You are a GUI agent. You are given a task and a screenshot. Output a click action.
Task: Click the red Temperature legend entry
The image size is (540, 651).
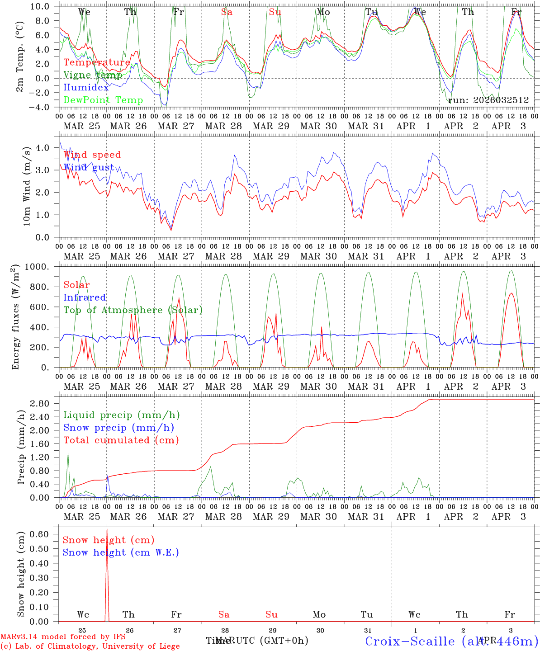coord(97,62)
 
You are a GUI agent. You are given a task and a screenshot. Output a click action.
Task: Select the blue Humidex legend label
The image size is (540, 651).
coord(86,88)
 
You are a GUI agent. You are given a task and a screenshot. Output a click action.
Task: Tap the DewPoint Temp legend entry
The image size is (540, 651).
coord(103,100)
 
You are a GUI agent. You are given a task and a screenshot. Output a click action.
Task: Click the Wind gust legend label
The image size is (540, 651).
coord(89,167)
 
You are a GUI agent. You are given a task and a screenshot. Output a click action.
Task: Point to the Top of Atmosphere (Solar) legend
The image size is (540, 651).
coord(133,310)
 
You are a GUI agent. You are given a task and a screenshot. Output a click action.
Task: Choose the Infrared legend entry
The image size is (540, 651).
coord(85,297)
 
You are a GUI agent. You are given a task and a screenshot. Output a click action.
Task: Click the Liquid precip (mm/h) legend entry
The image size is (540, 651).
coord(122,415)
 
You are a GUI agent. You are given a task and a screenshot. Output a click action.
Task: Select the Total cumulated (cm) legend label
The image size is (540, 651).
coord(121,440)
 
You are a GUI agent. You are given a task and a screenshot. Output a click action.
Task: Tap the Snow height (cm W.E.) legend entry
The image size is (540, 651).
coord(121,552)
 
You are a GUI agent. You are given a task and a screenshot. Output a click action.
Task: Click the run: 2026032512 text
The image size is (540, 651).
coord(488,100)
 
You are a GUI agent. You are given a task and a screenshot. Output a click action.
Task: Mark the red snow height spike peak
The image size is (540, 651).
coord(107,529)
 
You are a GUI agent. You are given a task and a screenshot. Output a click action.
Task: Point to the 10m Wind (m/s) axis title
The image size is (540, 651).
coord(27,186)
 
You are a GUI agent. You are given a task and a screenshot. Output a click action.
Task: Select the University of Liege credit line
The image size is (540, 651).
coord(90,646)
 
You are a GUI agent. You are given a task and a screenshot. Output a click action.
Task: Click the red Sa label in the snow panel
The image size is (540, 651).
coord(224,614)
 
